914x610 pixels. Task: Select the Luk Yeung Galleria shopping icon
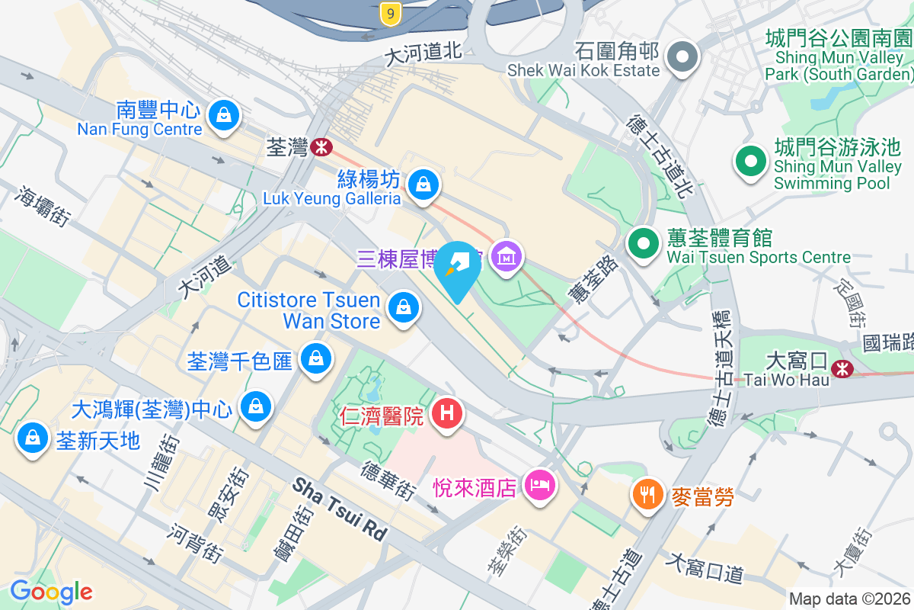tap(421, 184)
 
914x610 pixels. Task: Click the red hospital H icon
tap(447, 414)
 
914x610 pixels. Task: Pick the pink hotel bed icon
tap(540, 484)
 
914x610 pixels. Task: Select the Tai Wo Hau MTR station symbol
tap(842, 369)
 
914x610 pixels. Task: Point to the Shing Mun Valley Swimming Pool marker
tap(751, 161)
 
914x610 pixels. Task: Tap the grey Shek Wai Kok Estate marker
tap(682, 57)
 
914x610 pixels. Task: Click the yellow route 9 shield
tap(390, 13)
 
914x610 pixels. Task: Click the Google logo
tap(51, 591)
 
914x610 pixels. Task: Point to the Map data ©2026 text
tap(849, 599)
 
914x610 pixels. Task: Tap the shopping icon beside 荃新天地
tap(32, 438)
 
